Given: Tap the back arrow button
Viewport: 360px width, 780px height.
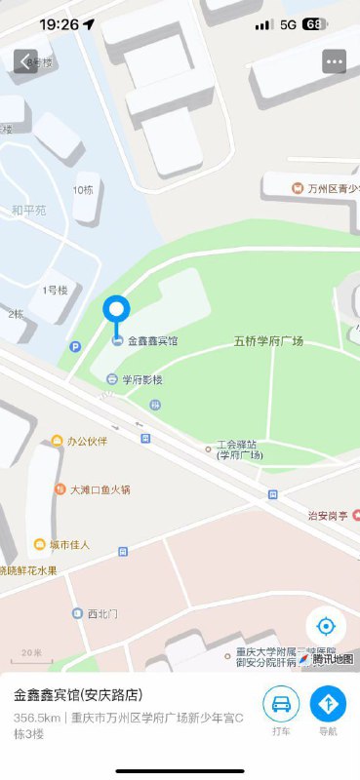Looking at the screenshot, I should (25, 60).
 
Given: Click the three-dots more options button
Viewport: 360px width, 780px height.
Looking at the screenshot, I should (335, 60).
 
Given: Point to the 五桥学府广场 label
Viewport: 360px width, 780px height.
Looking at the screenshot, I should (268, 341).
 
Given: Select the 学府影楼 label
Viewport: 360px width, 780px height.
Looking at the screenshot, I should (141, 379).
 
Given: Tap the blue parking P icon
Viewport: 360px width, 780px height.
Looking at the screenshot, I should (75, 346).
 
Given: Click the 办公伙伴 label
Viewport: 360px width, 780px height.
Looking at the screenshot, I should (86, 441).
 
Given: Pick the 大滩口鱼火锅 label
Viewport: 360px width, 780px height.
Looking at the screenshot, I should (100, 488).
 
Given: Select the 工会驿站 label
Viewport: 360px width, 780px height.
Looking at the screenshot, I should (239, 448).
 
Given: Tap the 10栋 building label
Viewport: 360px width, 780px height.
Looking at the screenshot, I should (83, 189).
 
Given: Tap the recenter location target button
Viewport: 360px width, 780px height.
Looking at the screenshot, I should (326, 626).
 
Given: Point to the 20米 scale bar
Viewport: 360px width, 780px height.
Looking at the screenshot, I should (32, 653).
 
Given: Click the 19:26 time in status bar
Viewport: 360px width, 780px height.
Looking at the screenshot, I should (59, 23).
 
